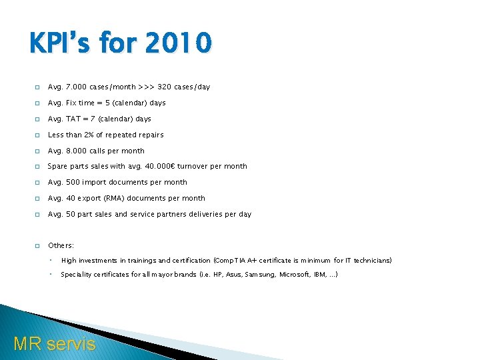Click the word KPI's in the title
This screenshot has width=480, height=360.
61,44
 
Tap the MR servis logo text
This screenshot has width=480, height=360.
55,344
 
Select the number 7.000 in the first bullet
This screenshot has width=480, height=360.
75,87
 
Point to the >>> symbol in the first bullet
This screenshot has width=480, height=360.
145,87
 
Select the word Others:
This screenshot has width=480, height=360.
61,246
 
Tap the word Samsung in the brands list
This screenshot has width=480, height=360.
259,275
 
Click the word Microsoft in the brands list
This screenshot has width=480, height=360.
295,275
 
